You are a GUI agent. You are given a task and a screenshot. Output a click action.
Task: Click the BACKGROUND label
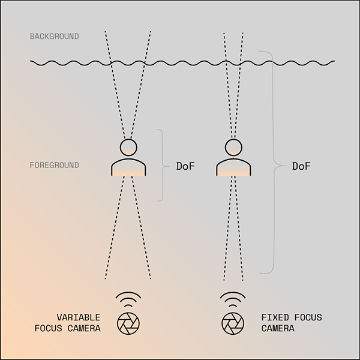[54, 37]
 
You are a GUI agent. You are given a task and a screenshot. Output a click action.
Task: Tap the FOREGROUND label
[54, 165]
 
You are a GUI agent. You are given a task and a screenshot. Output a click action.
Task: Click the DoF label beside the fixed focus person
[301, 166]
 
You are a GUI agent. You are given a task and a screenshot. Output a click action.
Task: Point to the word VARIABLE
[79, 317]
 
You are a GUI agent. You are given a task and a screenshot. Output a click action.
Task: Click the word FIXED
[274, 317]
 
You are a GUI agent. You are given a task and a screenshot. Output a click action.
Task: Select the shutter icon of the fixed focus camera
[232, 324]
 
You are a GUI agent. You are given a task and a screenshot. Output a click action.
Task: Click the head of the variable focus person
[128, 146]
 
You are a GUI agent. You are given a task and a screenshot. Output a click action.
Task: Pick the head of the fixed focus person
[233, 146]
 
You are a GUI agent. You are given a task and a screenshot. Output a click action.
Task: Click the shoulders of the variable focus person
[128, 167]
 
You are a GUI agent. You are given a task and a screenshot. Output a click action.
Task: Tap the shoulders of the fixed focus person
[233, 167]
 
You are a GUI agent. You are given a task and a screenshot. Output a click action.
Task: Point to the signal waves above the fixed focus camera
[232, 299]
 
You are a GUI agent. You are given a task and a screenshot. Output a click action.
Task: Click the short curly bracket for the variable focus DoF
[160, 165]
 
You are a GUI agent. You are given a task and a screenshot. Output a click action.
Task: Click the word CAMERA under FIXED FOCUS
[278, 329]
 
